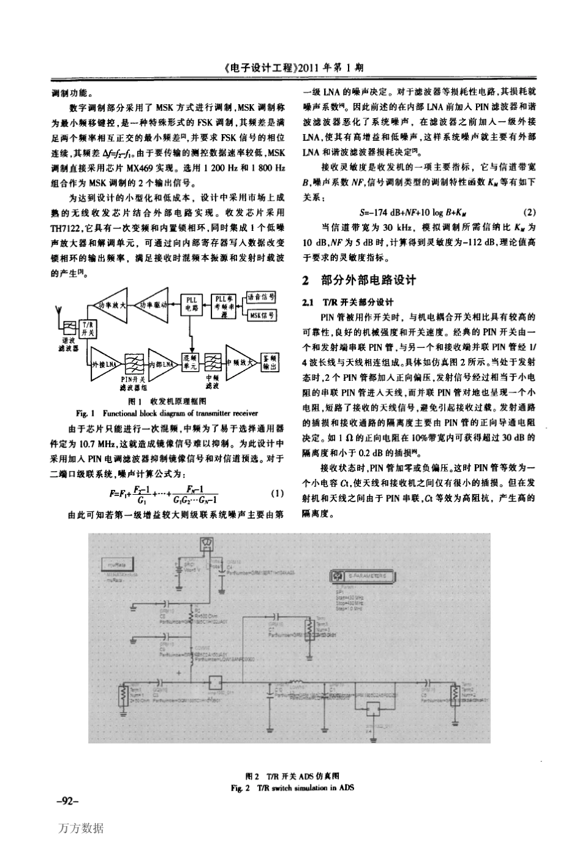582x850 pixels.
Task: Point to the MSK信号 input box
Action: [x=262, y=316]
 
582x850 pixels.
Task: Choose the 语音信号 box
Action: [x=262, y=298]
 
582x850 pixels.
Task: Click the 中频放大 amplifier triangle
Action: [x=242, y=362]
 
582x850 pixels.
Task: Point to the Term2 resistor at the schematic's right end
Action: [x=452, y=693]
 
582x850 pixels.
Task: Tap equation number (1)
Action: [x=276, y=494]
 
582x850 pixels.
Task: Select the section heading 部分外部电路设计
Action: [x=368, y=281]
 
